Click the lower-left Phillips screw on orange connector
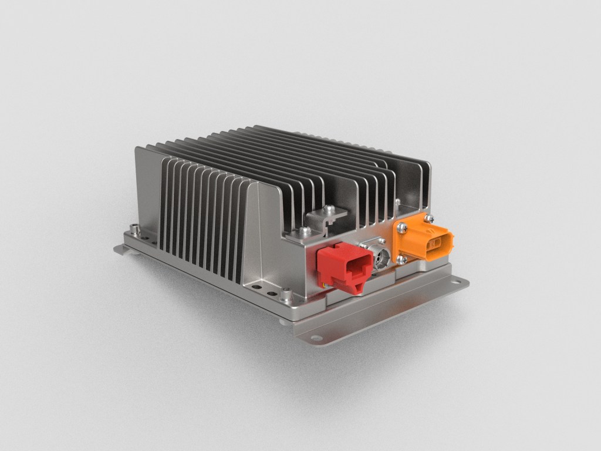(x=402, y=259)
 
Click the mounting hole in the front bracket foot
(x=316, y=338)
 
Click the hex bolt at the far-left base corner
(x=136, y=227)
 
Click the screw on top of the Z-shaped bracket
(x=329, y=208)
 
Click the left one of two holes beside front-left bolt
(x=261, y=288)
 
